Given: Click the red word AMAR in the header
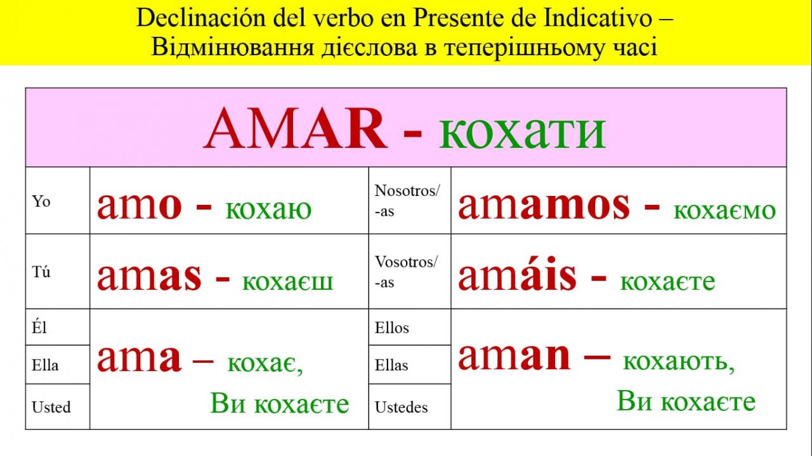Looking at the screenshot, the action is (295, 128).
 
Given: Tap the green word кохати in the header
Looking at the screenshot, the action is (522, 133).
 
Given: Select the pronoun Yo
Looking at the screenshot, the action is (41, 201).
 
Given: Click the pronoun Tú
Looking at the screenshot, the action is (41, 272).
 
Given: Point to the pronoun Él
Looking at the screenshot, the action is (39, 327).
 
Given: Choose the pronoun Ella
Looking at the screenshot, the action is (45, 365).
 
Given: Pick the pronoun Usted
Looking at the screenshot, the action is (51, 407).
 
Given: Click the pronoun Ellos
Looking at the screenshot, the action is (392, 328).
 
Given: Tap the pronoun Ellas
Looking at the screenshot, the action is (391, 365).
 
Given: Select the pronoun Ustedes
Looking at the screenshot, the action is (402, 407).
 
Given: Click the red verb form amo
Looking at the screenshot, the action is (139, 205).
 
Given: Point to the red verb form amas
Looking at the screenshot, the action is (149, 277).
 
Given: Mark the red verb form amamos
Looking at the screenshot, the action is (544, 205).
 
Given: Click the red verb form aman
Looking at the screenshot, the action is (514, 356).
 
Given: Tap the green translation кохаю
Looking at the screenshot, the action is (268, 209).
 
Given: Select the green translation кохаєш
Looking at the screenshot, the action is (287, 281).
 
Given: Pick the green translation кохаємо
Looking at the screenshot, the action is (724, 210).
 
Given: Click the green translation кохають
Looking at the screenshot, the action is (679, 362).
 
